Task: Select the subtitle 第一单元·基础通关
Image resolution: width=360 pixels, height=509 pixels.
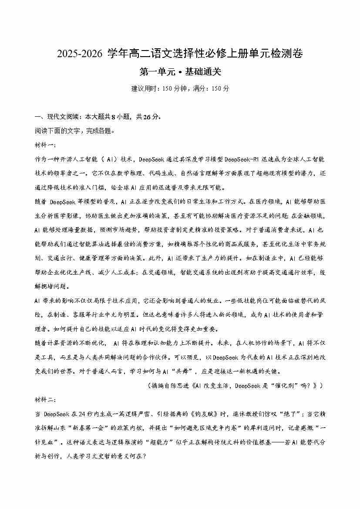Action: click(180, 72)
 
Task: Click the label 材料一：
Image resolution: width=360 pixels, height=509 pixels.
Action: click(44, 145)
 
